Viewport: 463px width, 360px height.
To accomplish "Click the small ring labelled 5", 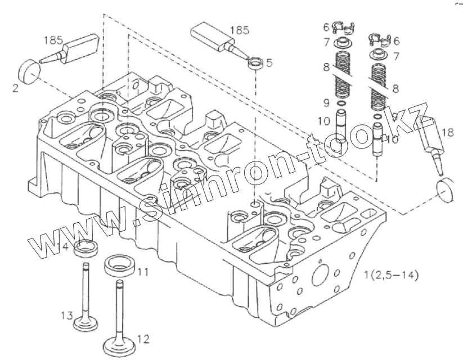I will click(x=255, y=62).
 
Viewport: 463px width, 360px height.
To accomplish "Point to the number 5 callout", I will click(x=269, y=63).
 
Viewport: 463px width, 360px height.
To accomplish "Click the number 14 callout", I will click(x=64, y=246).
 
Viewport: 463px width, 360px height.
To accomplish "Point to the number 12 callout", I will click(x=143, y=339).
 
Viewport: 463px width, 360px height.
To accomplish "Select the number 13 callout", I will click(x=67, y=314).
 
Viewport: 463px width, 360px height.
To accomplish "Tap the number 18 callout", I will click(x=447, y=133).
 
